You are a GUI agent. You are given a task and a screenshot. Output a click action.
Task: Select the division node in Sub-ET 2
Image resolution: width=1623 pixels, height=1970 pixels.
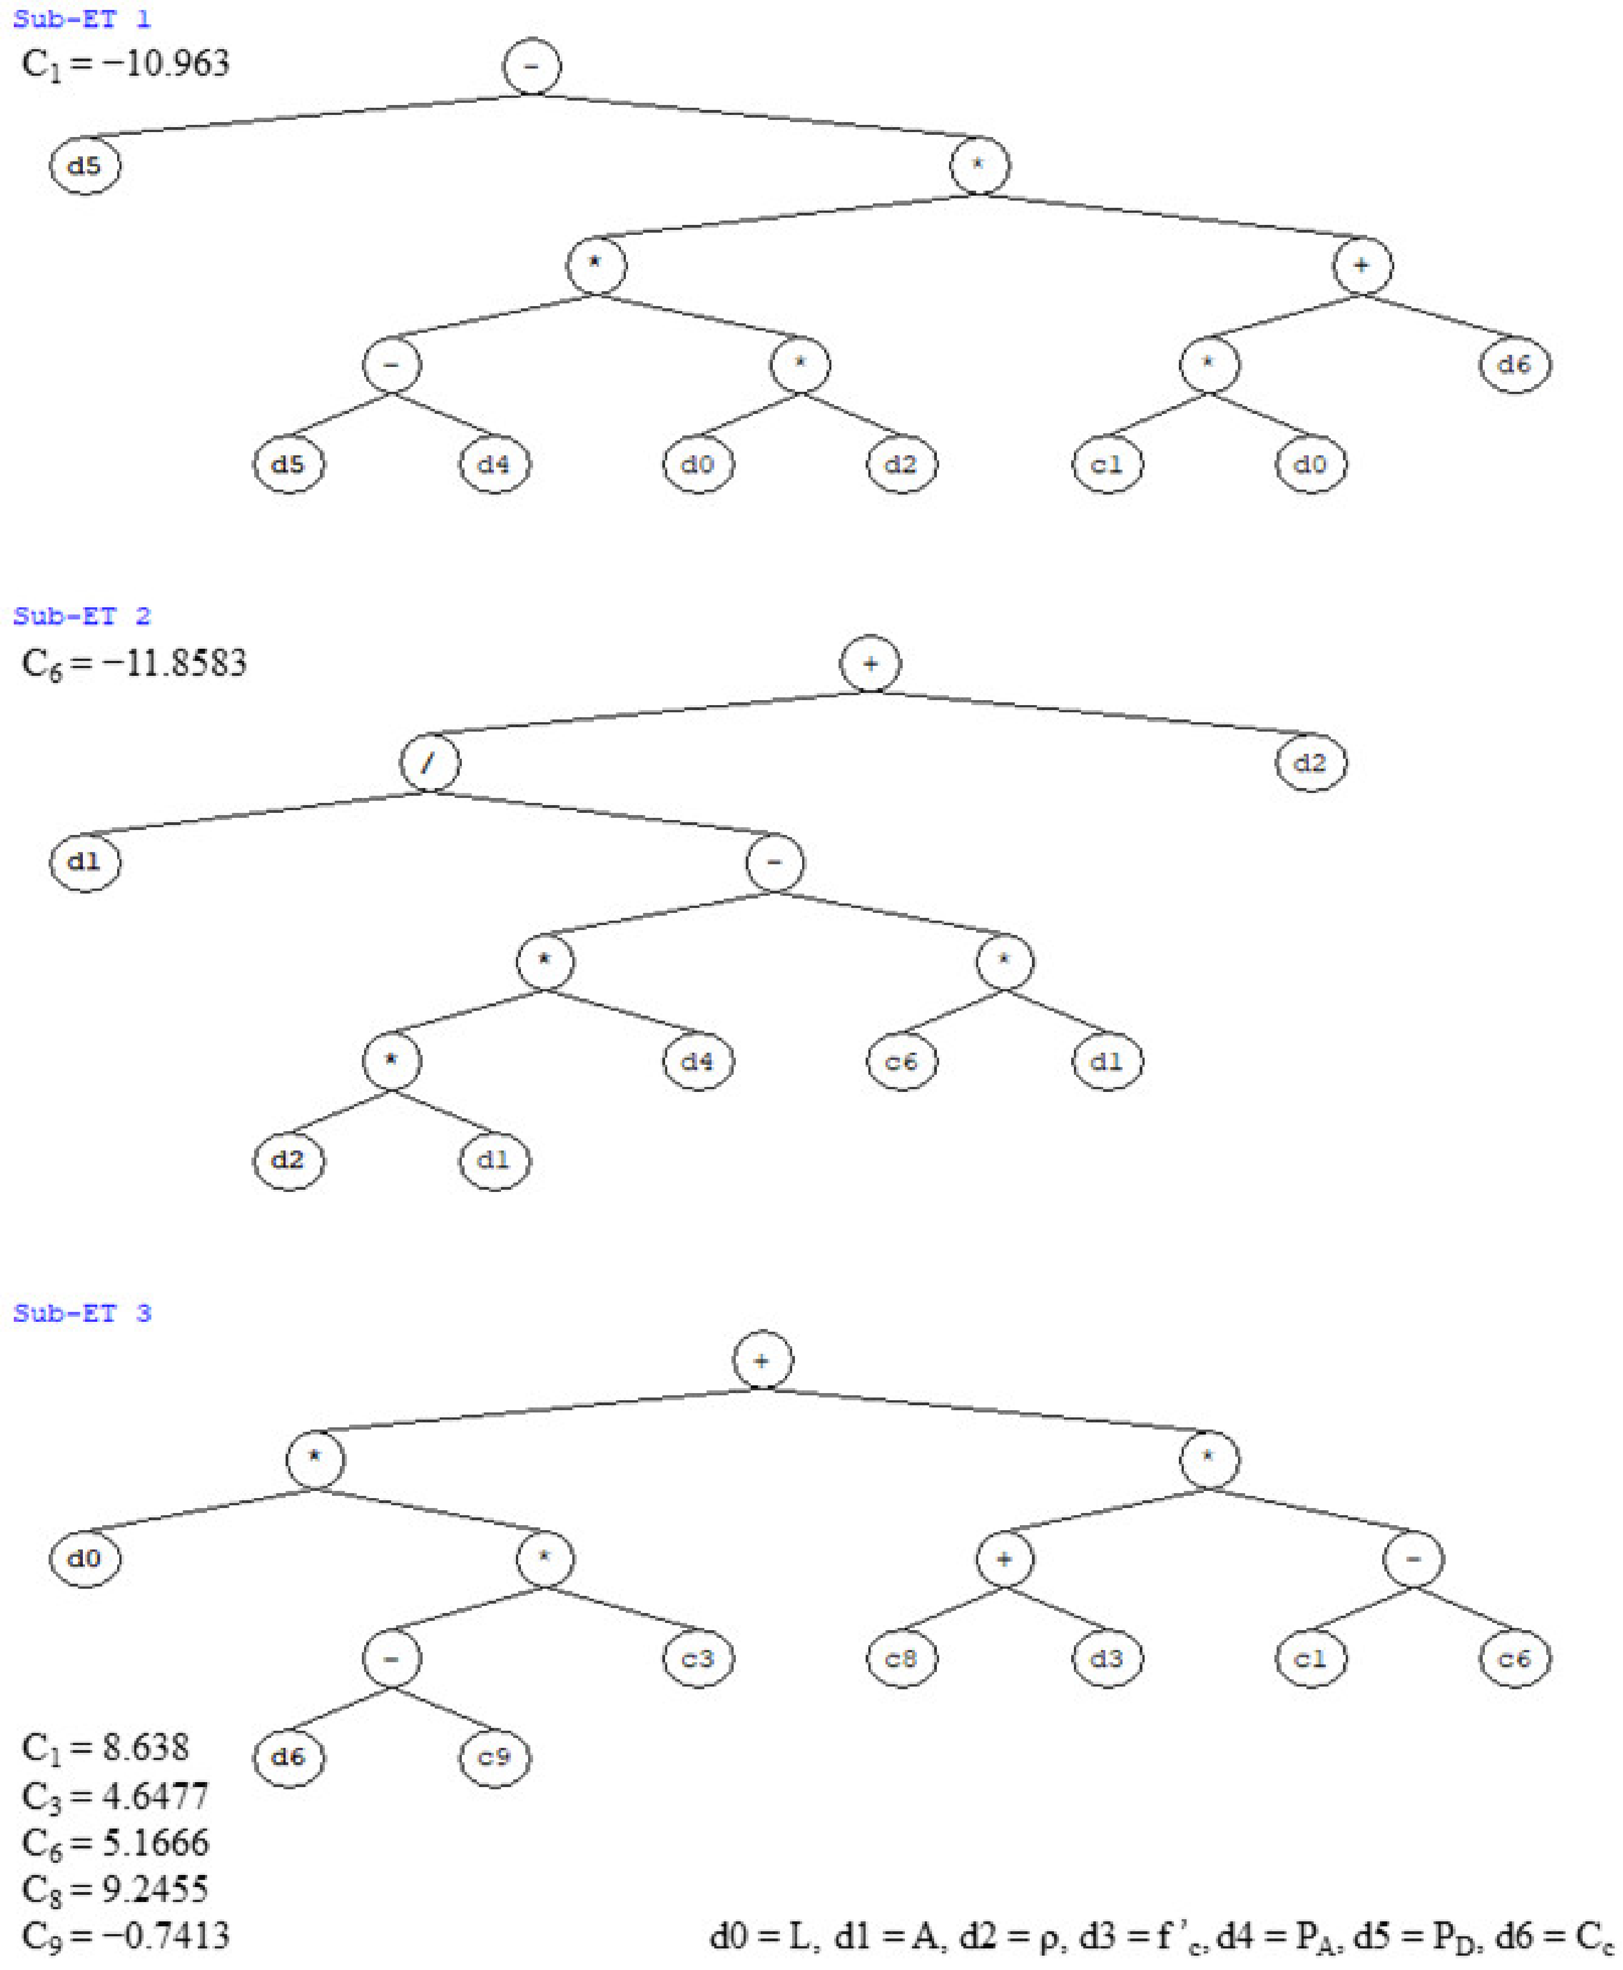[429, 763]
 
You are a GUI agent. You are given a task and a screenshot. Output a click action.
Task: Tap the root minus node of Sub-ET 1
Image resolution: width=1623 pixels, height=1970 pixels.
[532, 66]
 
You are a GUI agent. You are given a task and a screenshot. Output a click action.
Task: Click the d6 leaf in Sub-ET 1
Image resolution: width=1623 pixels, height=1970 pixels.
[1515, 365]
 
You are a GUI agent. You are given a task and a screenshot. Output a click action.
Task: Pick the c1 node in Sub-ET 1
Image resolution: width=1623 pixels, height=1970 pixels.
[1107, 465]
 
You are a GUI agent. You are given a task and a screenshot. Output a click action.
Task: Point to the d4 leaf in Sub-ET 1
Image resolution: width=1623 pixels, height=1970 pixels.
[494, 465]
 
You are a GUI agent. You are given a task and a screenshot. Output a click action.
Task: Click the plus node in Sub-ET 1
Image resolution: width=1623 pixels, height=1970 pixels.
[1362, 266]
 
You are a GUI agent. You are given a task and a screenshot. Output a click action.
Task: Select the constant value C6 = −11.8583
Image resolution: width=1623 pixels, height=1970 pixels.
[135, 664]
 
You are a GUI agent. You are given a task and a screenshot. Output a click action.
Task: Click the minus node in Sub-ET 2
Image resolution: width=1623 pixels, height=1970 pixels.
[774, 862]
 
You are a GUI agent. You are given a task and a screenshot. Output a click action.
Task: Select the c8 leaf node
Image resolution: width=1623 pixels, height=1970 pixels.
[901, 1659]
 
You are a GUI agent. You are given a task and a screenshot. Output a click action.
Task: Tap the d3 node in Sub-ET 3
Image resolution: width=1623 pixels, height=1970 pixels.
[1107, 1659]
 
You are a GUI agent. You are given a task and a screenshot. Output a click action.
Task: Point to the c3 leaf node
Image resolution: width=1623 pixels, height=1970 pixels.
[698, 1659]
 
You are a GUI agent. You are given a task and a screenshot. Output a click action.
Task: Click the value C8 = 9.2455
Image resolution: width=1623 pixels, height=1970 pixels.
[115, 1889]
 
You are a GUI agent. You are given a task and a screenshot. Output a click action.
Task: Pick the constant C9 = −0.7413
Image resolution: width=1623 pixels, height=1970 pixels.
[125, 1935]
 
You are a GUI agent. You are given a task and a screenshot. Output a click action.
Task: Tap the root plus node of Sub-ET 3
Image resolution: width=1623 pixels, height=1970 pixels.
[763, 1360]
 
